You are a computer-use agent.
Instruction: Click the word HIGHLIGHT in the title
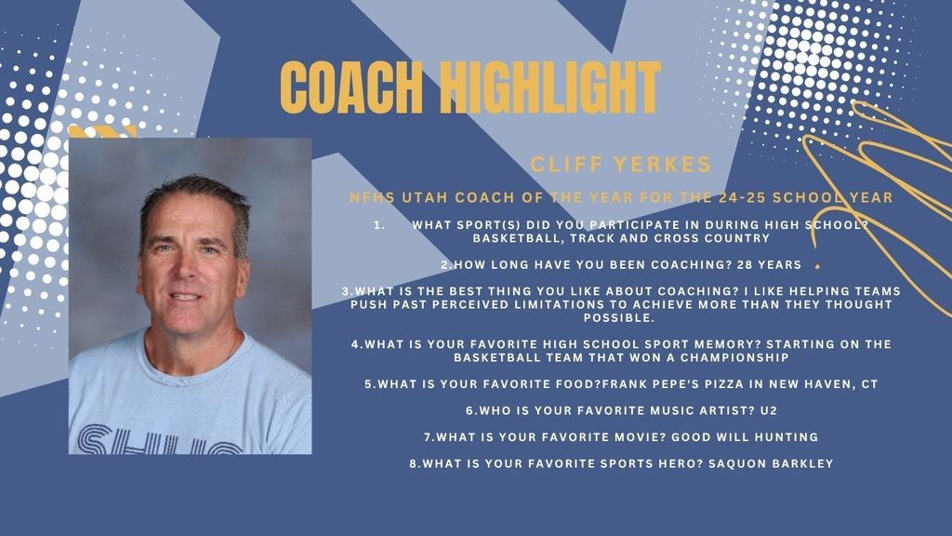tap(549, 89)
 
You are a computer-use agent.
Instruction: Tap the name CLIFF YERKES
tap(620, 166)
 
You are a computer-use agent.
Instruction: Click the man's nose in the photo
tap(183, 273)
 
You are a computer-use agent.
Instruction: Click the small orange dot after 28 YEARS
tap(817, 266)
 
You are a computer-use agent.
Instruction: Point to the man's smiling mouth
tap(184, 298)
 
